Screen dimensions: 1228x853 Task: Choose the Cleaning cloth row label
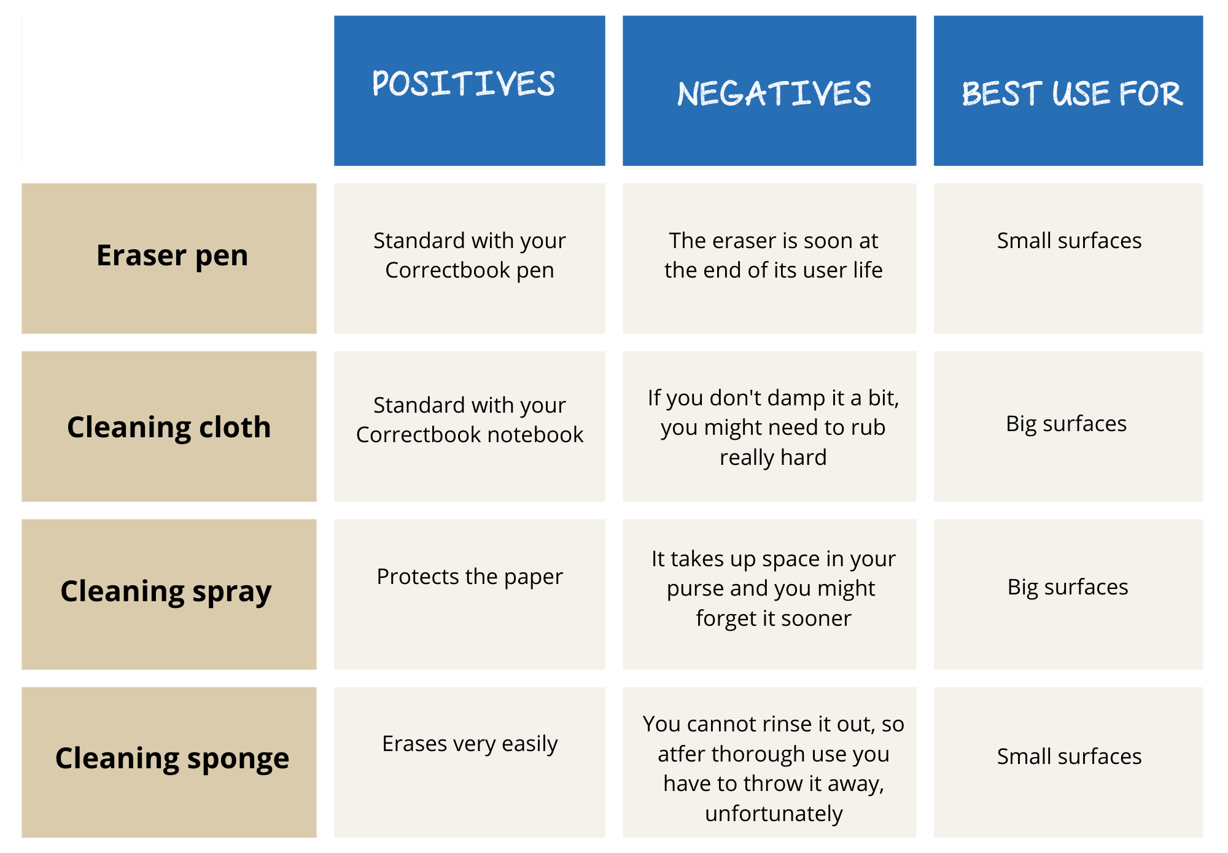(x=169, y=427)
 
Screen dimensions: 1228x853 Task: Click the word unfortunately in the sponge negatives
(x=774, y=814)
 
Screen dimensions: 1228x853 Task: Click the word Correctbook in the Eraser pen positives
(x=448, y=270)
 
